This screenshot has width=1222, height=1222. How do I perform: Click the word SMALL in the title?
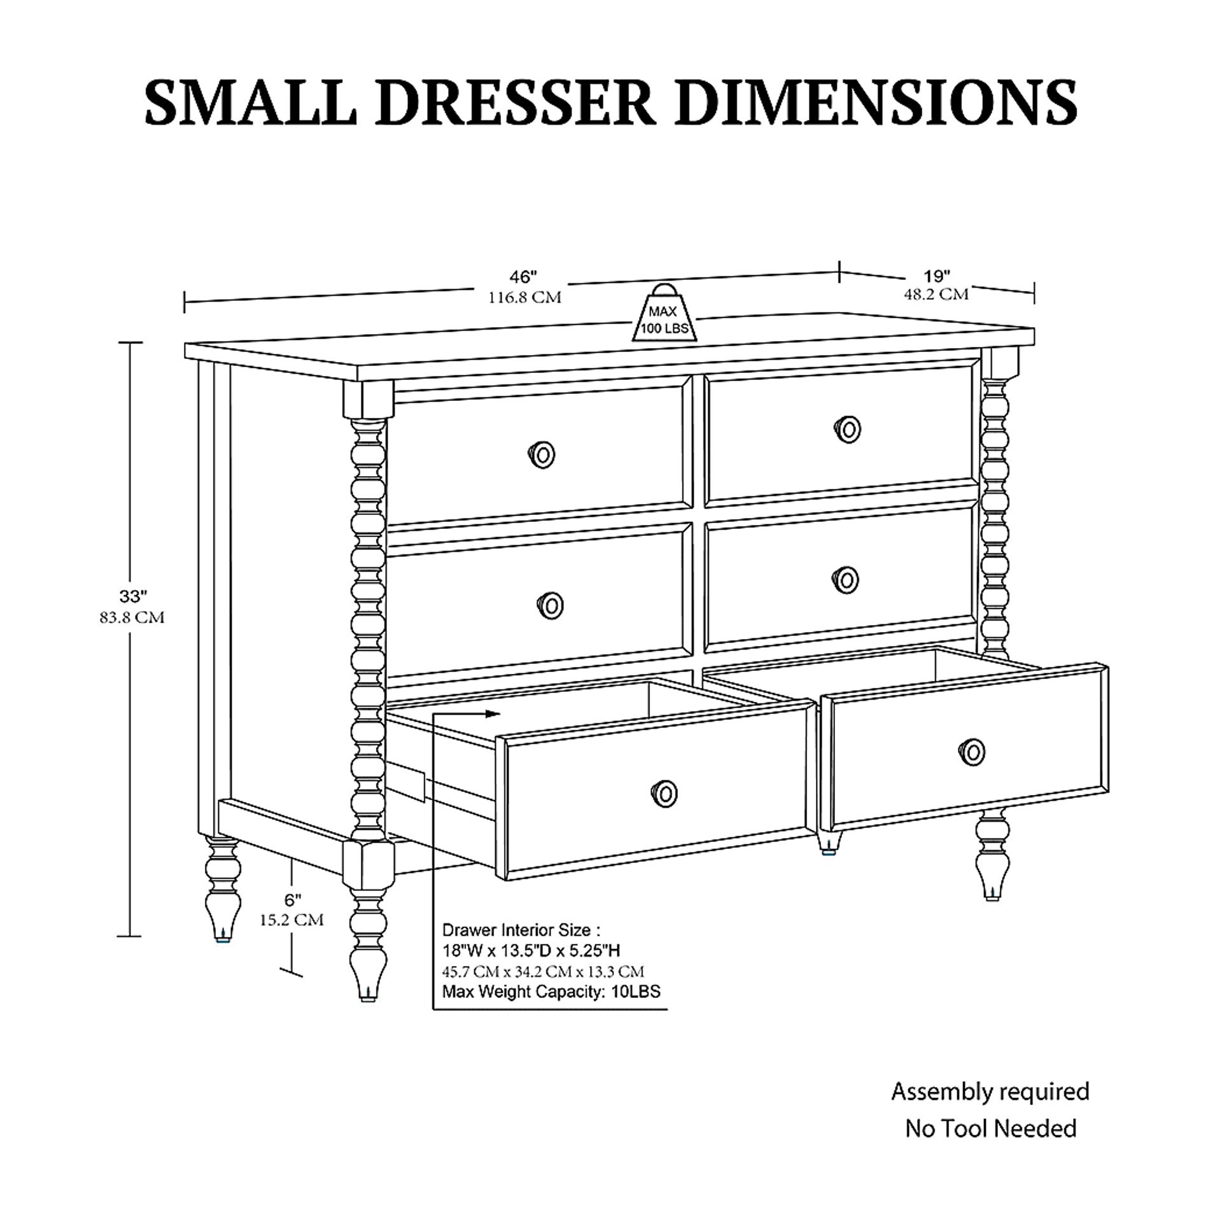(251, 102)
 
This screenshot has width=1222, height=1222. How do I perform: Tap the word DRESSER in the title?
(515, 102)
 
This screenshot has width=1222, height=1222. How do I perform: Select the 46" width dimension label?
(523, 277)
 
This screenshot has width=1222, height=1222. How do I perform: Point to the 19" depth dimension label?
(937, 276)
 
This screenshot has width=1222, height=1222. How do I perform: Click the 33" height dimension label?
(133, 596)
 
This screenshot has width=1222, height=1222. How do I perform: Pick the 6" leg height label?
(292, 900)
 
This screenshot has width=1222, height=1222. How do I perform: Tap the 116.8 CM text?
(525, 297)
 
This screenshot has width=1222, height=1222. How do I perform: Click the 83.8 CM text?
(132, 617)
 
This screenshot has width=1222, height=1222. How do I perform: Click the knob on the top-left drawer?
(542, 454)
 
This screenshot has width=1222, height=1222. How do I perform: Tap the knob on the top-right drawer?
(848, 430)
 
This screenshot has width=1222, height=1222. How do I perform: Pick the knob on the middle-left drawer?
(551, 605)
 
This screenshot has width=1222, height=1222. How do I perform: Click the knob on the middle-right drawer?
(846, 579)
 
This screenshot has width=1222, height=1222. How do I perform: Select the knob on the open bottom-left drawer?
(664, 793)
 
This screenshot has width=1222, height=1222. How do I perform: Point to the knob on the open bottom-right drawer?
(971, 752)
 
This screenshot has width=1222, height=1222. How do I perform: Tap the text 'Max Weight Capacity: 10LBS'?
(551, 991)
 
